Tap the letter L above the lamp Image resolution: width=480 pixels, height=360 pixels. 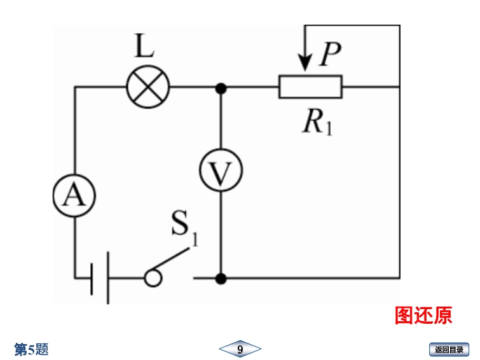click(x=144, y=46)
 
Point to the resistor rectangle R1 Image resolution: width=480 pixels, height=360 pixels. click(x=310, y=87)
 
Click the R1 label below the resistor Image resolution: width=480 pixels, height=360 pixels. click(x=317, y=121)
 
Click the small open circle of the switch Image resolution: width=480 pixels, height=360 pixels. click(x=152, y=278)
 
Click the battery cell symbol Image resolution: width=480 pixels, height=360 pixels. click(x=99, y=278)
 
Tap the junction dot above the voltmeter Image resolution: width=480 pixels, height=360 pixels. click(x=221, y=88)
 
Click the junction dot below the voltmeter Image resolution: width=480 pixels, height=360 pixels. click(x=221, y=278)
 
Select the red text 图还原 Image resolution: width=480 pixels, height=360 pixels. click(x=423, y=315)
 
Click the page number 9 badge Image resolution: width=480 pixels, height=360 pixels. click(x=240, y=349)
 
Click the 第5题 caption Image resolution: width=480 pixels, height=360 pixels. click(x=32, y=349)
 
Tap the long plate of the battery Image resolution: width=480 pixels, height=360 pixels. click(x=107, y=278)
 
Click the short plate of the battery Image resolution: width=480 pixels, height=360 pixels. click(x=92, y=278)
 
